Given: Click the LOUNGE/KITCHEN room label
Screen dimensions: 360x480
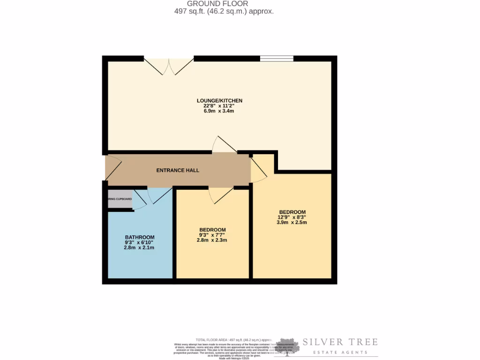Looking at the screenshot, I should tap(219, 100).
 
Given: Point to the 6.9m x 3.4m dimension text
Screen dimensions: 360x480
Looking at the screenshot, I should tap(219, 111).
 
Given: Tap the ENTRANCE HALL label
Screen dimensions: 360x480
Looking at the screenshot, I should tap(178, 170).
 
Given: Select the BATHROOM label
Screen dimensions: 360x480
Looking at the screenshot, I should tap(139, 237).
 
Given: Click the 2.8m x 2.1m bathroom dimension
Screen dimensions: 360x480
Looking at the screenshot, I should tap(139, 247).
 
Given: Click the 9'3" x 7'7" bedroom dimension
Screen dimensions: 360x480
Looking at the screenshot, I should tap(212, 235).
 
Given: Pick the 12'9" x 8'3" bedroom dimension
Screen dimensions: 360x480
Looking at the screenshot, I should tap(292, 217).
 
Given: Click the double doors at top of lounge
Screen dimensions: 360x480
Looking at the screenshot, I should tap(169, 67).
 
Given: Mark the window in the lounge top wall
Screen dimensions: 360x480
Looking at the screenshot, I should tap(277, 59).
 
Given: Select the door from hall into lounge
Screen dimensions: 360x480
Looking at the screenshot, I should tap(224, 145).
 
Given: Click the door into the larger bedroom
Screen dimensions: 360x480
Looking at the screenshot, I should tap(258, 170).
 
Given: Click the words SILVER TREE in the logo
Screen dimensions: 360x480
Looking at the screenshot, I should tap(339, 342).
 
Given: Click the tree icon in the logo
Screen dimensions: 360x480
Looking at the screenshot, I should tap(287, 346).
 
